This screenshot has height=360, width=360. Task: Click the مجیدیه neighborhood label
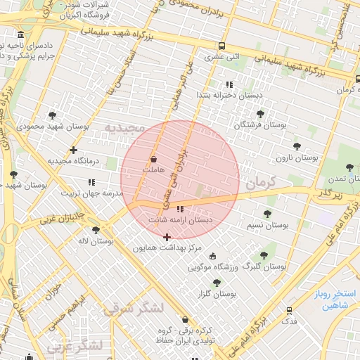point(124,127)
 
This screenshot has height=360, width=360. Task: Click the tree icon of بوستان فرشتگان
point(260,113)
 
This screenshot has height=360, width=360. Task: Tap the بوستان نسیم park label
point(267,225)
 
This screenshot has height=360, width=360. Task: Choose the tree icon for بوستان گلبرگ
point(264,255)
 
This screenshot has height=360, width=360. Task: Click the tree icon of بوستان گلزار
point(217,282)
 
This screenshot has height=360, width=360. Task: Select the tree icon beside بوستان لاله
point(96,229)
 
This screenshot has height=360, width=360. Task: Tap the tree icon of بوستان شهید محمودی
point(52,115)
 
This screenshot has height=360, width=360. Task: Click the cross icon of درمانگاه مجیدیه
point(74,150)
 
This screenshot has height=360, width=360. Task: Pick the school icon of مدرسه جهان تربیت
point(91,181)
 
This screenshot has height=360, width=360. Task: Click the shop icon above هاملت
point(153,160)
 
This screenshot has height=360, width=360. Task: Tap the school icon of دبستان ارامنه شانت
point(180,209)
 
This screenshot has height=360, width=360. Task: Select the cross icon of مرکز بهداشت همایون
point(166,237)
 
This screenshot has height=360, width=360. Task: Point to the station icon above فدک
point(289,310)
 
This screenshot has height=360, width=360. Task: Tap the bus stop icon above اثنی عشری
point(222,44)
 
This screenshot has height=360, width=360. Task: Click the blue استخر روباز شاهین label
point(335,299)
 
